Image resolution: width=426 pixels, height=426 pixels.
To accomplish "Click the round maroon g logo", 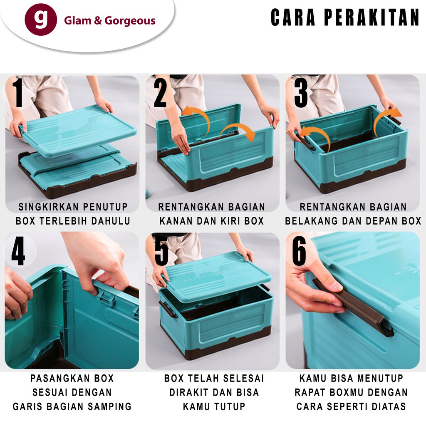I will click(x=40, y=20).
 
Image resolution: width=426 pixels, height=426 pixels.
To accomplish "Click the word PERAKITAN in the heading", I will click(x=372, y=18).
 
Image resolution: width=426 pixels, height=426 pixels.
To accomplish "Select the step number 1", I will click(x=17, y=94).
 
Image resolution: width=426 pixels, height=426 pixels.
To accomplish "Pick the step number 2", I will click(x=160, y=94).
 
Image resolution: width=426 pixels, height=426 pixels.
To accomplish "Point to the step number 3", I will click(x=300, y=93).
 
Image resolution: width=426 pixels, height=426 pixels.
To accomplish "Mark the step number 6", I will click(x=299, y=252).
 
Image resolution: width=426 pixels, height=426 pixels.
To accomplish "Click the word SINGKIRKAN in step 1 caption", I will click(x=46, y=207).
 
